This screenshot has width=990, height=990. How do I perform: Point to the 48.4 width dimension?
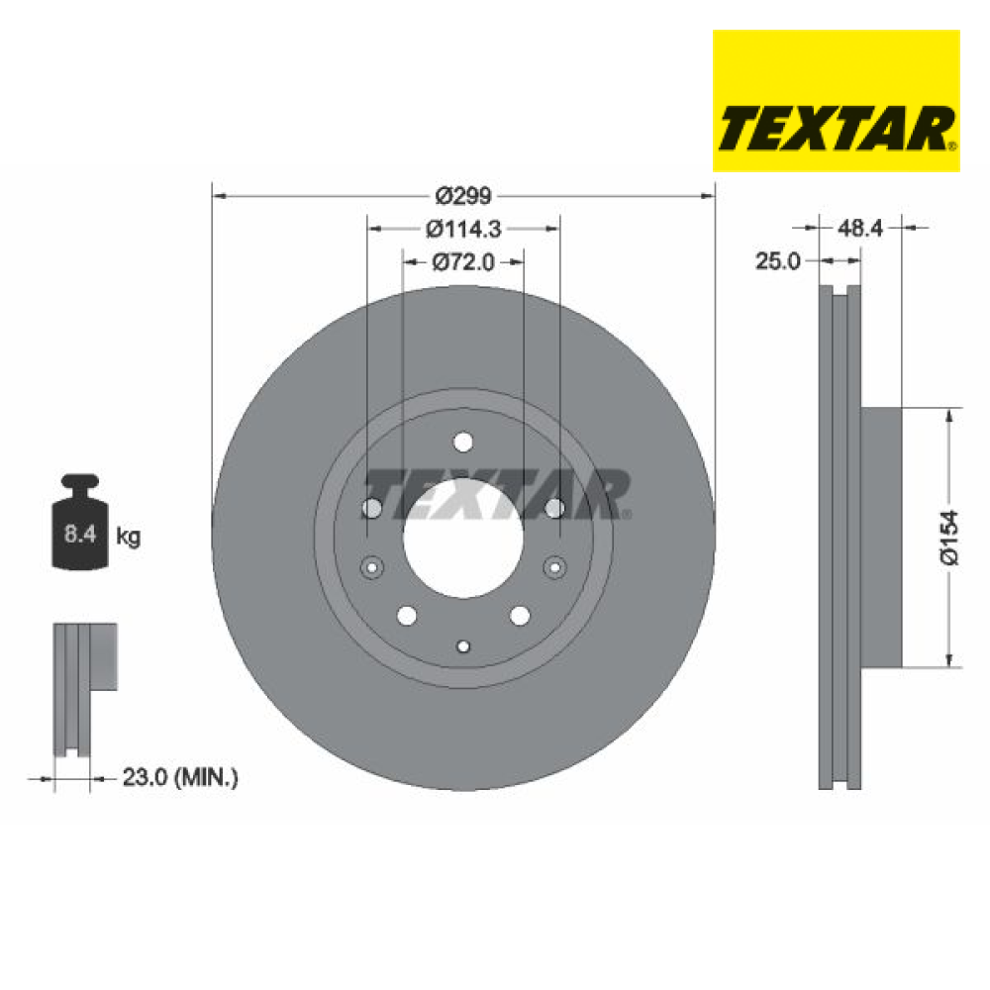[860, 229]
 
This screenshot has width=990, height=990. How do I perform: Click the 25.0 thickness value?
[778, 261]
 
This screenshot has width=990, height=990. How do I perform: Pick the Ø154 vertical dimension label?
[950, 537]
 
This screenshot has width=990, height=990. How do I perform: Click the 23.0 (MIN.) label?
[180, 778]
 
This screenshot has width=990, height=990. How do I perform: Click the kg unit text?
[129, 537]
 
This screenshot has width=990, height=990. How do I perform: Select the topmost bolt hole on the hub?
[463, 442]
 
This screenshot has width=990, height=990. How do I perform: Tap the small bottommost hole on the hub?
[463, 645]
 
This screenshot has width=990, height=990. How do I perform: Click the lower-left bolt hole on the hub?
[406, 616]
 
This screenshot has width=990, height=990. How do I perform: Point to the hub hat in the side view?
[881, 537]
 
